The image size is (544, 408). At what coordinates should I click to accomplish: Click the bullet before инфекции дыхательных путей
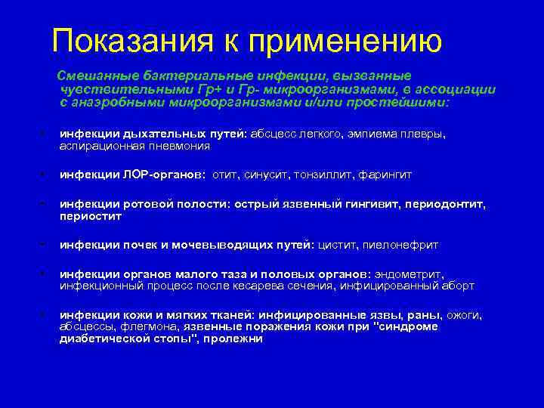coord(44,134)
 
